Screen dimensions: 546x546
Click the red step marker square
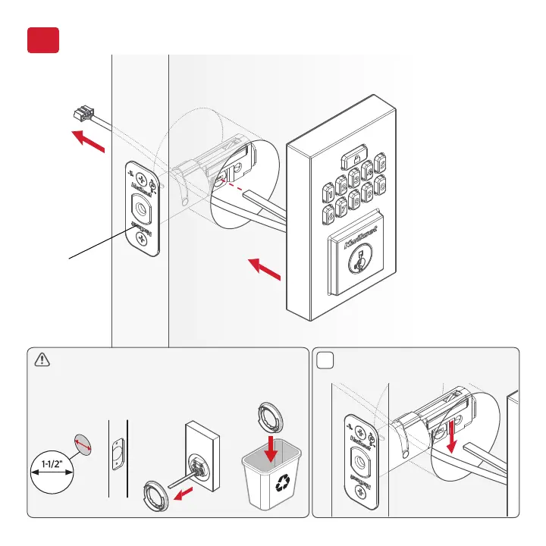(x=43, y=40)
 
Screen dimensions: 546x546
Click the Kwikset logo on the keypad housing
(x=356, y=244)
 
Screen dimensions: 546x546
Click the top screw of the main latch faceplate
(x=140, y=178)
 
